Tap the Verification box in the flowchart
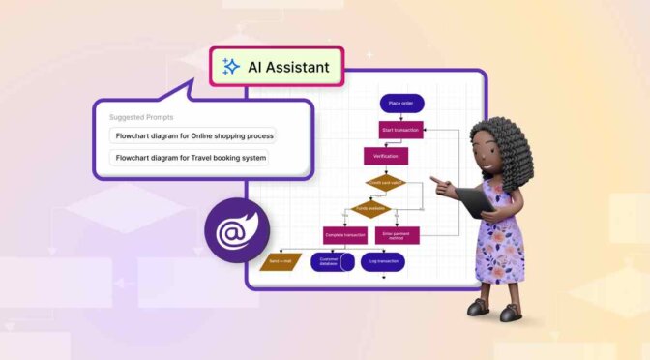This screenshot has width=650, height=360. [x=386, y=155]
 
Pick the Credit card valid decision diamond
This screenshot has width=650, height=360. [x=386, y=181]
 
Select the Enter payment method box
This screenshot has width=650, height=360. [x=399, y=234]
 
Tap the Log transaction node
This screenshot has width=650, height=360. [x=382, y=261]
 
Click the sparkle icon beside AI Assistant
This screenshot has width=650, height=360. [x=231, y=67]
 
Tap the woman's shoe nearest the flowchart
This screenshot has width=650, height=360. [x=479, y=308]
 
